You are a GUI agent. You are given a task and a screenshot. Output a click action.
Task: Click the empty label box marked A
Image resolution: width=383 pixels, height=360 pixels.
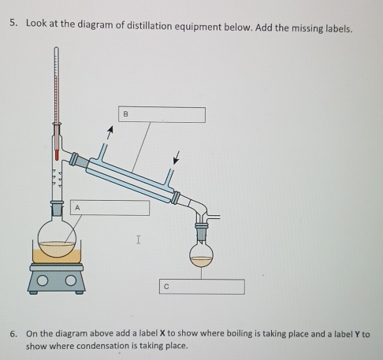click(110, 208)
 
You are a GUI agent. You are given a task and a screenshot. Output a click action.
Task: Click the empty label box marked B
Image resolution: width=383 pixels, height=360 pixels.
click(162, 114)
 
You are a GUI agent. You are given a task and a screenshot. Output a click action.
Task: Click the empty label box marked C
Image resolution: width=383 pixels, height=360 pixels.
click(202, 287)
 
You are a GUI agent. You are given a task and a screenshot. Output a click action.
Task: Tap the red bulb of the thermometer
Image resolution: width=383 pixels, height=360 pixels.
click(57, 155)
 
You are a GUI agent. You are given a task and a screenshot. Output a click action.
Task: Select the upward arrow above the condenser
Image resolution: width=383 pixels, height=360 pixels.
click(110, 132)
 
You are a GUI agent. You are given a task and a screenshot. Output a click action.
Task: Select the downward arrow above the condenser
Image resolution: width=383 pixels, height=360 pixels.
click(177, 158)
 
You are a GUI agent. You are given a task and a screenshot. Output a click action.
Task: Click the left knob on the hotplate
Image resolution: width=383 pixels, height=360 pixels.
click(43, 280)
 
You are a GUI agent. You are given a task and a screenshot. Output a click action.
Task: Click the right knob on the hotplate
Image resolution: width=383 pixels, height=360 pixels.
click(71, 280)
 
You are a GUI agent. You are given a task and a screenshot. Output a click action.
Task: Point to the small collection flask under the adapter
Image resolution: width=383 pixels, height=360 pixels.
click(201, 254)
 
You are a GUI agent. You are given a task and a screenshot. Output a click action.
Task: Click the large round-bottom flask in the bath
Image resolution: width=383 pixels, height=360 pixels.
click(57, 239)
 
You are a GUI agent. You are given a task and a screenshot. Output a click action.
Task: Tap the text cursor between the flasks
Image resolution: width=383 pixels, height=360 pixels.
click(139, 239)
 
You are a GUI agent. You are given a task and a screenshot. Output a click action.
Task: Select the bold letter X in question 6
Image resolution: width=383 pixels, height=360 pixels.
click(162, 333)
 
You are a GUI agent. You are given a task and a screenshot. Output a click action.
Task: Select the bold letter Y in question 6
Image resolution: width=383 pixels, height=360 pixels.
click(357, 334)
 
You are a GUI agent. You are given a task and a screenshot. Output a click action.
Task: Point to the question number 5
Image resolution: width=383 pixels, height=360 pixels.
click(13, 23)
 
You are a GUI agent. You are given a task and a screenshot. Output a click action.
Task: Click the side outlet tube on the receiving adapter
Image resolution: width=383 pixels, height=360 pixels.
click(214, 217)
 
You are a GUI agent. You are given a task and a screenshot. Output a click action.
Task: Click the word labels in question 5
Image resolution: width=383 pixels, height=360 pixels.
click(339, 29)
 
